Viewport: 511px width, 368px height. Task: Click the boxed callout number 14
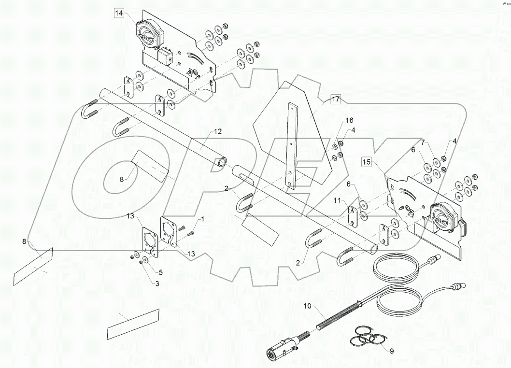119,14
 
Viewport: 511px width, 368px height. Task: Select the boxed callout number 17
335,100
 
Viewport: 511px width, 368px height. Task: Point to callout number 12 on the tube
218,131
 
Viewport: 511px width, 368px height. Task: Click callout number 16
349,120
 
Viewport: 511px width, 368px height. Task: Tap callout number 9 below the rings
391,351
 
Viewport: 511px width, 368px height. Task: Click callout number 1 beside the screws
202,219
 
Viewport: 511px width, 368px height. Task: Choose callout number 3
157,283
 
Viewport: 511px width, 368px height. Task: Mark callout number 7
424,142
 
